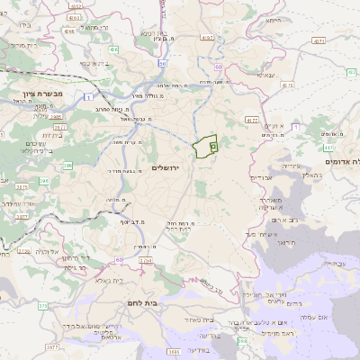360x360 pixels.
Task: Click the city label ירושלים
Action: [166, 167]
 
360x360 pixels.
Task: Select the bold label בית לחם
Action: [143, 302]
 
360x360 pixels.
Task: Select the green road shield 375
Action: [42, 306]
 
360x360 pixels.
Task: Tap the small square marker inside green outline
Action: [212, 145]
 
